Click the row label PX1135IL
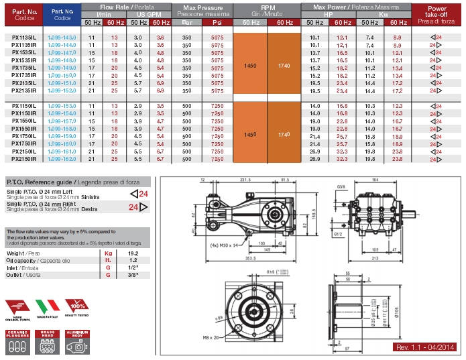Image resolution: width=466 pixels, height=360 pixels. point(23,38)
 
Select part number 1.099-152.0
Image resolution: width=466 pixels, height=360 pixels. point(62,90)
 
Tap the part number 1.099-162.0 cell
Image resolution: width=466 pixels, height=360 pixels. point(62,160)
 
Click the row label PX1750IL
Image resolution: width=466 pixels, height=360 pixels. point(23,136)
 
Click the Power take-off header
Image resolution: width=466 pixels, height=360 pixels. point(441,13)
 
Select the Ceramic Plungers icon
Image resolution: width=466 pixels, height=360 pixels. point(18,342)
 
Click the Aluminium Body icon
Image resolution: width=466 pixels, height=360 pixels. point(78,342)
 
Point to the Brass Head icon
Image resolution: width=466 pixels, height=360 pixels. point(48,342)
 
